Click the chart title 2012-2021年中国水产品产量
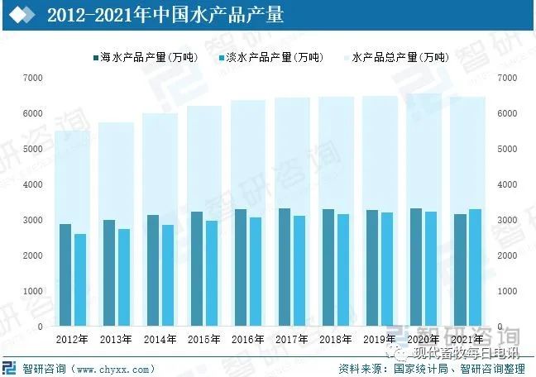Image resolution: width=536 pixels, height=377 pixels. point(165,16)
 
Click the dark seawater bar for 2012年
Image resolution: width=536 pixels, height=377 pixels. point(65,274)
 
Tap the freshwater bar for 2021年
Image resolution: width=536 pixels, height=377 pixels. point(475,267)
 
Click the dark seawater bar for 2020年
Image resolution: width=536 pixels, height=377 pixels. point(416,267)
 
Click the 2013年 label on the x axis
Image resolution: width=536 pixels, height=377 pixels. point(117,340)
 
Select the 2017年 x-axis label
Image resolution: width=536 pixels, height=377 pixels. point(292,340)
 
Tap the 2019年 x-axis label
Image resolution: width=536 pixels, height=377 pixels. point(380,340)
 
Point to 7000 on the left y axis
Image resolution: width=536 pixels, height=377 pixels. point(33,78)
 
